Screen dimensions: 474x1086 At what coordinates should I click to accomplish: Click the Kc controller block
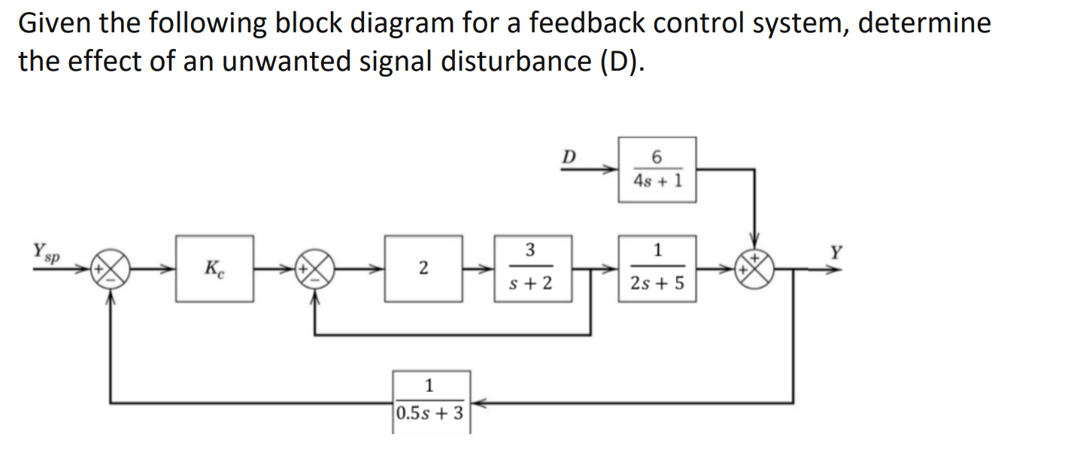pyautogui.click(x=214, y=268)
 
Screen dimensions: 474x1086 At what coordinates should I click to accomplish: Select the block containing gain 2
pyautogui.click(x=423, y=268)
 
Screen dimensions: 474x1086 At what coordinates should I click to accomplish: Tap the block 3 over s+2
pyautogui.click(x=532, y=268)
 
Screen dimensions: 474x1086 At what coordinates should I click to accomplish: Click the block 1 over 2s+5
pyautogui.click(x=657, y=268)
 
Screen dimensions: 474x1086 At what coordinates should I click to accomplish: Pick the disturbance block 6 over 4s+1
pyautogui.click(x=657, y=169)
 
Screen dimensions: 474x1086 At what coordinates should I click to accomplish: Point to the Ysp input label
pyautogui.click(x=46, y=250)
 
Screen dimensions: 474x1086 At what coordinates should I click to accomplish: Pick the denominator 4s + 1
pyautogui.click(x=657, y=181)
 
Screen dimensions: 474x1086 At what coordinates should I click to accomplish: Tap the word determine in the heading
pyautogui.click(x=925, y=24)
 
